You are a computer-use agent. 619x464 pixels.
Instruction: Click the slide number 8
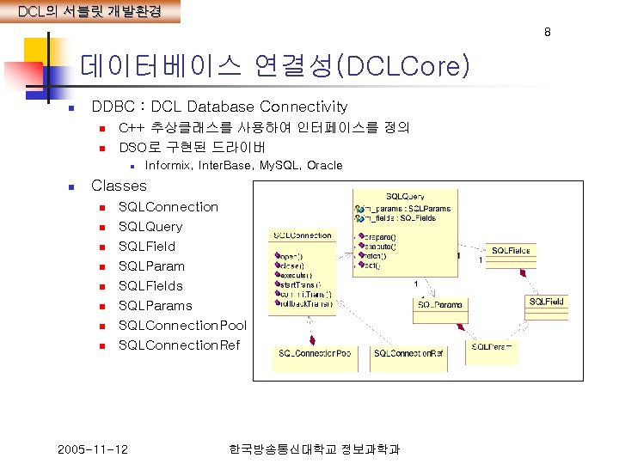coord(546,33)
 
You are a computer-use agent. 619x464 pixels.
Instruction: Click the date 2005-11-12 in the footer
coord(93,449)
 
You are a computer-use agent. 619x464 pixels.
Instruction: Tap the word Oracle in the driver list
coord(324,165)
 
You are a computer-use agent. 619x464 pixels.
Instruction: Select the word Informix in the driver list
coord(169,165)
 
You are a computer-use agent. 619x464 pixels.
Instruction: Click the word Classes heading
coord(119,186)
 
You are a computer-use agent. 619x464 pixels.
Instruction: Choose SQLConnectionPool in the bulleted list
coord(182,325)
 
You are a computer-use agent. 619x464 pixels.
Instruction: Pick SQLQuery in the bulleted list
coord(150,226)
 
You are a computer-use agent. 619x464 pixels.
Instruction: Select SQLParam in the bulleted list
coord(151,266)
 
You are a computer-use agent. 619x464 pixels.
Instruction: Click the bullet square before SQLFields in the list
coord(101,286)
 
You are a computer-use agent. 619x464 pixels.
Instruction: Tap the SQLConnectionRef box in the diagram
coord(408,353)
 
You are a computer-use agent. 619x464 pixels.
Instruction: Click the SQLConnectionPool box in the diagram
coord(314,353)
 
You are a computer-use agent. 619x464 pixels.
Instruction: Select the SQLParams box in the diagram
coord(440,304)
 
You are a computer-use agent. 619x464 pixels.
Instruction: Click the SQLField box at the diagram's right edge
coord(547,302)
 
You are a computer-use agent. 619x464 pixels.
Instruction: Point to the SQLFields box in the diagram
coord(511,249)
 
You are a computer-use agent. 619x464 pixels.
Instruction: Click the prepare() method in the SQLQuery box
coord(380,236)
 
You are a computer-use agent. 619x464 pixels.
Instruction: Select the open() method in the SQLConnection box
coord(288,255)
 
